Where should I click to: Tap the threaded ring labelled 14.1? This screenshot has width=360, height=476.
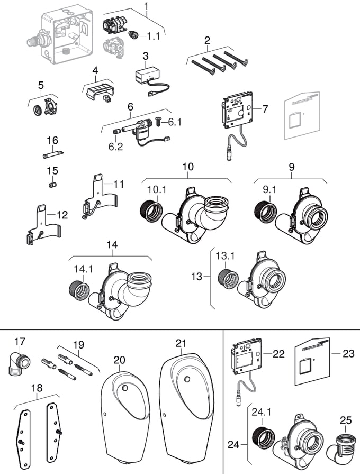80,289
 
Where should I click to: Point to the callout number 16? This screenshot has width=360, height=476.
52,140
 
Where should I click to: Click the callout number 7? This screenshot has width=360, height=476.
265,109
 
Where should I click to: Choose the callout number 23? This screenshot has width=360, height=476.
348,354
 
